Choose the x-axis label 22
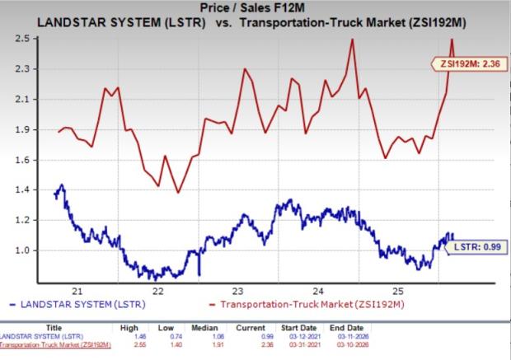157,292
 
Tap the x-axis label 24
316,292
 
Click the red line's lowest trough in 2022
178,193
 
